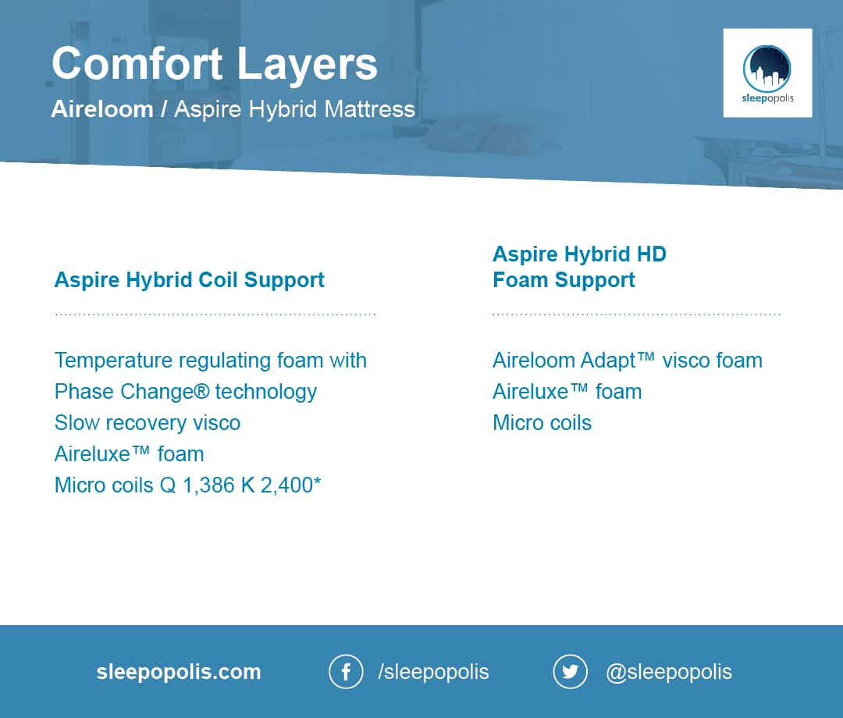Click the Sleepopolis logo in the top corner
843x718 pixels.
[x=767, y=73]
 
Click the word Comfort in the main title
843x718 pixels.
[x=137, y=63]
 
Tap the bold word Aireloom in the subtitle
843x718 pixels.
[x=102, y=109]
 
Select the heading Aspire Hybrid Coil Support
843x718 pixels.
[x=189, y=280]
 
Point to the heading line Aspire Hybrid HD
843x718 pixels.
[x=579, y=254]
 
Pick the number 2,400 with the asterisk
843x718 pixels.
[x=291, y=485]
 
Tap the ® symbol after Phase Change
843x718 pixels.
[x=201, y=391]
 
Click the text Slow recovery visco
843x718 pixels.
[x=148, y=423]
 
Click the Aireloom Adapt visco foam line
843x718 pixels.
[x=628, y=361]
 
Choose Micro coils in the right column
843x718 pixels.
[x=542, y=423]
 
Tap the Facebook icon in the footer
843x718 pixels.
[x=347, y=672]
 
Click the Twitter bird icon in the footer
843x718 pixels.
[x=570, y=672]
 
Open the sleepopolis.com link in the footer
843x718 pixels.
[x=179, y=672]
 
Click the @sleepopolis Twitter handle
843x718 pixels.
[x=669, y=672]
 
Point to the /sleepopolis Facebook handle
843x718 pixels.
[x=433, y=672]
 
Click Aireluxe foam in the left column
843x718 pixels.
[x=129, y=454]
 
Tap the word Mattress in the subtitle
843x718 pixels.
[x=370, y=109]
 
